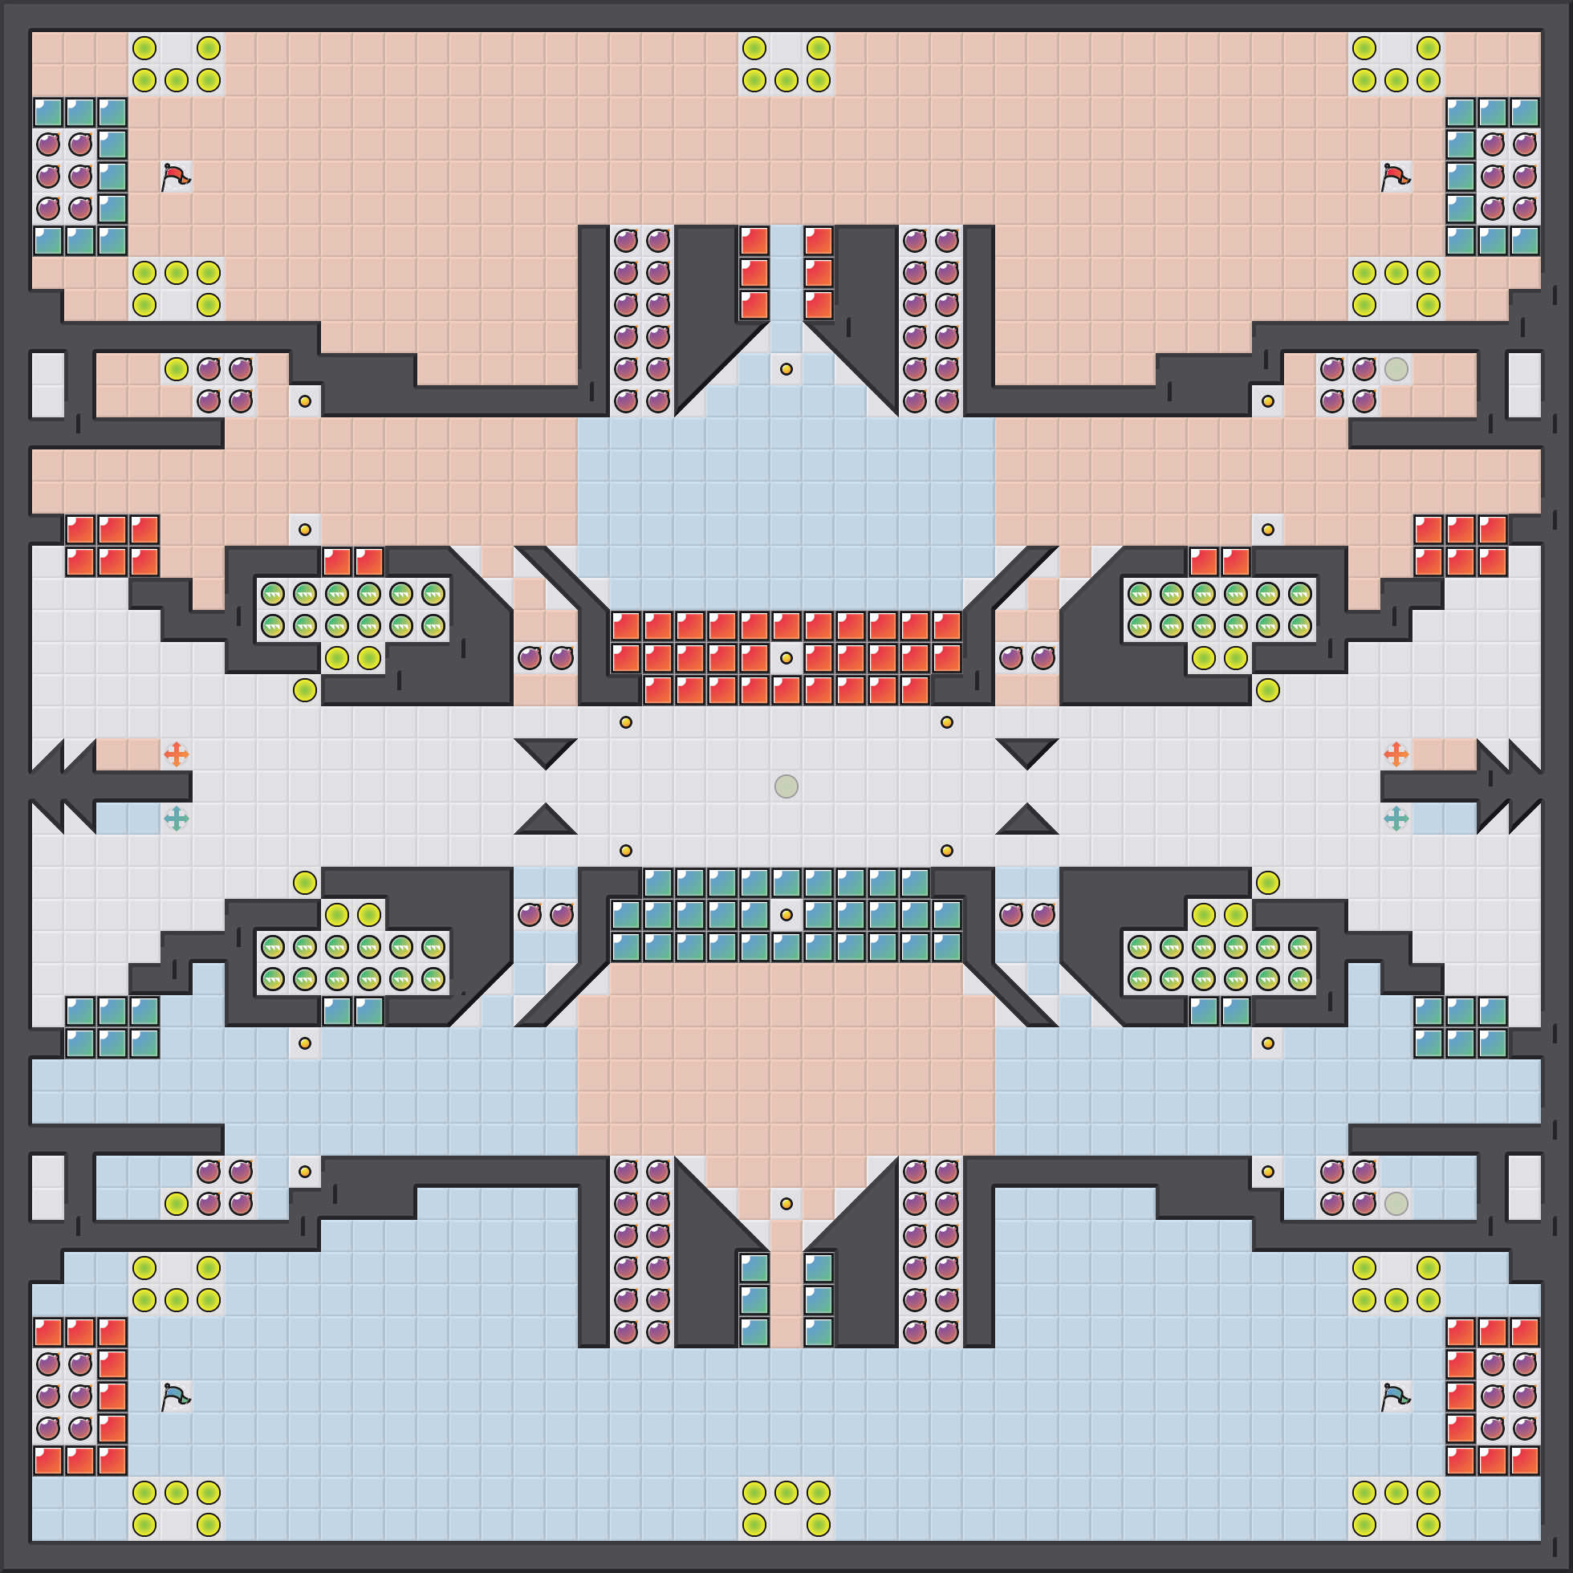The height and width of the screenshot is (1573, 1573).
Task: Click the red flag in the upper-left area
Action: [175, 176]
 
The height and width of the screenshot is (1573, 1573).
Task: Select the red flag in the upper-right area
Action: [1396, 176]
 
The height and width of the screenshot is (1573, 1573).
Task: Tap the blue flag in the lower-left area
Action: [175, 1397]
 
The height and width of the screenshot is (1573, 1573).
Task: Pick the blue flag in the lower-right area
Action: [1396, 1397]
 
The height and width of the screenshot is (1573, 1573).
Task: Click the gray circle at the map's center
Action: [786, 786]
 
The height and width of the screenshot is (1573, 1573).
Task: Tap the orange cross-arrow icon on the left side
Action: [176, 754]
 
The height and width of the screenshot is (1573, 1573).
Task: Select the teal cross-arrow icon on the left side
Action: [176, 819]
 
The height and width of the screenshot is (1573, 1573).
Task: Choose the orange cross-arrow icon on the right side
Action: [1396, 754]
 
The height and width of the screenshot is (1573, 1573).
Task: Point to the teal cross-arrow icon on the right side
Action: [1396, 819]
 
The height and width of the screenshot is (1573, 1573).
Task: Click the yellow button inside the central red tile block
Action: [786, 658]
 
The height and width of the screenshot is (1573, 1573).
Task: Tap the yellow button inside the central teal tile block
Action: [786, 914]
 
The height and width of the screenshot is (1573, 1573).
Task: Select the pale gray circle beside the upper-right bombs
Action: [1396, 369]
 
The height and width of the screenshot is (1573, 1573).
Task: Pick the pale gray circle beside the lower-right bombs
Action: [1396, 1203]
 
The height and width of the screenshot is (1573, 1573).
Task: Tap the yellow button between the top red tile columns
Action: [786, 369]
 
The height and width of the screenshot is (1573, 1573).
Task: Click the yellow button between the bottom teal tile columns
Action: [786, 1203]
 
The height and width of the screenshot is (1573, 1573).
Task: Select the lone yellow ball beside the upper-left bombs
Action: [176, 369]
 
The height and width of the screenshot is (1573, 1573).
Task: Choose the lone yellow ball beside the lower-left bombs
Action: [176, 1203]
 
